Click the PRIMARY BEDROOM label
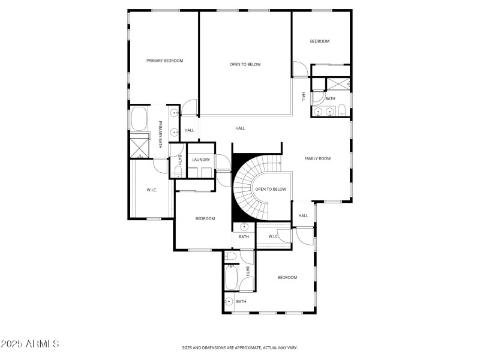pos(164,61)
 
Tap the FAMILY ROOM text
pos(317,158)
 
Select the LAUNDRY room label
pos(201,160)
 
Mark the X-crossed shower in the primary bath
pos(140,146)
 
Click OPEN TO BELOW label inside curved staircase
pos(271,189)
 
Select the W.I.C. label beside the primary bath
pos(152,190)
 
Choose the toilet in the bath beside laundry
pos(178,173)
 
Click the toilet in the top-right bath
pos(341,110)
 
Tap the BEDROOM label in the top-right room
pos(319,41)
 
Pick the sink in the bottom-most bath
pos(229,301)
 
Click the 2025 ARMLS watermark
pos(30,344)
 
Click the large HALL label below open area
pos(240,128)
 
